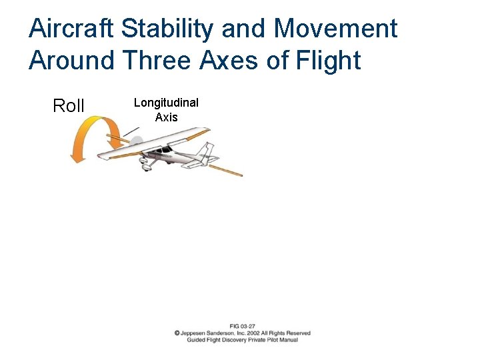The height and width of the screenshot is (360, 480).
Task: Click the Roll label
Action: pyautogui.click(x=69, y=106)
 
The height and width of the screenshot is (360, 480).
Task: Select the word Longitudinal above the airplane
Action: pyautogui.click(x=166, y=103)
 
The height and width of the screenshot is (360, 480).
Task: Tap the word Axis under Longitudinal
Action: pyautogui.click(x=166, y=117)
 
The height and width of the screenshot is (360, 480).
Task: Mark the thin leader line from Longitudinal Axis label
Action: pyautogui.click(x=131, y=131)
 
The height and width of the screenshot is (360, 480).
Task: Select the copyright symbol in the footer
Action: pyautogui.click(x=177, y=333)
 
